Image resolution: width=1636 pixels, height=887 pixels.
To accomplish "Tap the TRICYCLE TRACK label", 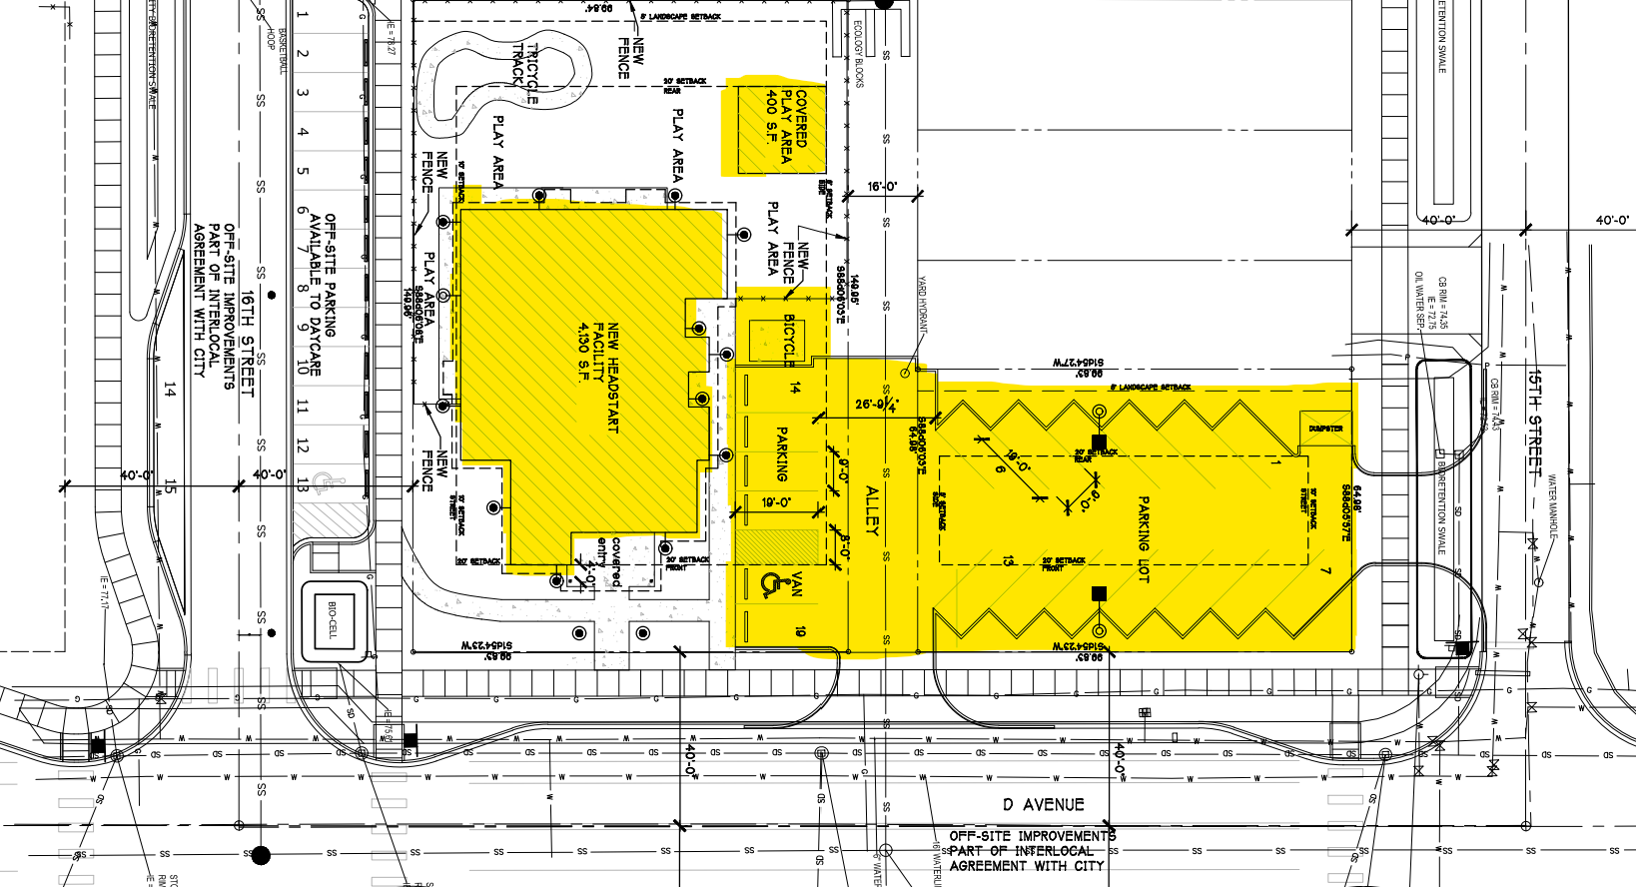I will (525, 73).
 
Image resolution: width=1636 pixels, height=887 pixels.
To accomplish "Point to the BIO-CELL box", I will (333, 618).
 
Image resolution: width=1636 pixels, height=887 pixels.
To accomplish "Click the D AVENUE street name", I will (1043, 804).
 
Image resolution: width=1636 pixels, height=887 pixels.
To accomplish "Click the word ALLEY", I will (871, 510).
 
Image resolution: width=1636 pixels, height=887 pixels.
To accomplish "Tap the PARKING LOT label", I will (1144, 539).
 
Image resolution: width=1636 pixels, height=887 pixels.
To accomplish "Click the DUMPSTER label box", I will (1325, 429).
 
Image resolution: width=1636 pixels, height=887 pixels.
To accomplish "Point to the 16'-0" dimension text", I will (882, 187).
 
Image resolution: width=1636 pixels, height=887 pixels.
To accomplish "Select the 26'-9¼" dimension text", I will (877, 405).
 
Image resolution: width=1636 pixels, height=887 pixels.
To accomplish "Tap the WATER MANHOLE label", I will (1553, 504).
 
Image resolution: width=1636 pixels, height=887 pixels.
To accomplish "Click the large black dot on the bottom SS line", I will (261, 855).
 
